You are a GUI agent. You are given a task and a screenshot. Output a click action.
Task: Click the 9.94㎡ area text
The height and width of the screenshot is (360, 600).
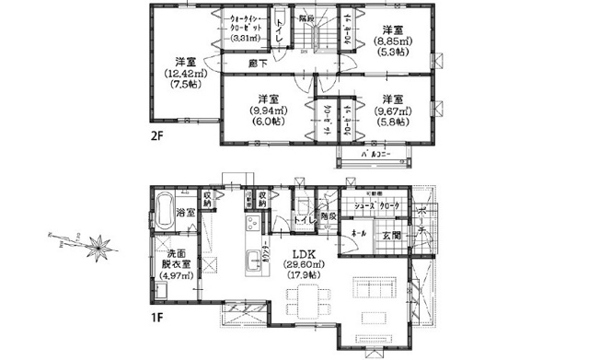click(x=268, y=111)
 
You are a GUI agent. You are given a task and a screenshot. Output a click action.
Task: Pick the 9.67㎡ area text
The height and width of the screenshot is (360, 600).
click(x=393, y=111)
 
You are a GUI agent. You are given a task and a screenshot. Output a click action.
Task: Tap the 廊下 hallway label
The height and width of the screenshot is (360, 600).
click(x=258, y=62)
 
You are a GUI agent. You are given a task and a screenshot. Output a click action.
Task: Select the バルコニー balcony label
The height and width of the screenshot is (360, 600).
click(x=375, y=154)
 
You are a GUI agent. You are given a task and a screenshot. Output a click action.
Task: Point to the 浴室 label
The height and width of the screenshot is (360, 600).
click(x=185, y=214)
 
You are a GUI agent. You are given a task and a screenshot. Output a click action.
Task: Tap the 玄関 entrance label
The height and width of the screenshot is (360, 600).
click(x=389, y=236)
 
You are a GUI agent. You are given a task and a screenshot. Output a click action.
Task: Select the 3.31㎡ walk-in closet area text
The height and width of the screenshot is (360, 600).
click(x=244, y=39)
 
